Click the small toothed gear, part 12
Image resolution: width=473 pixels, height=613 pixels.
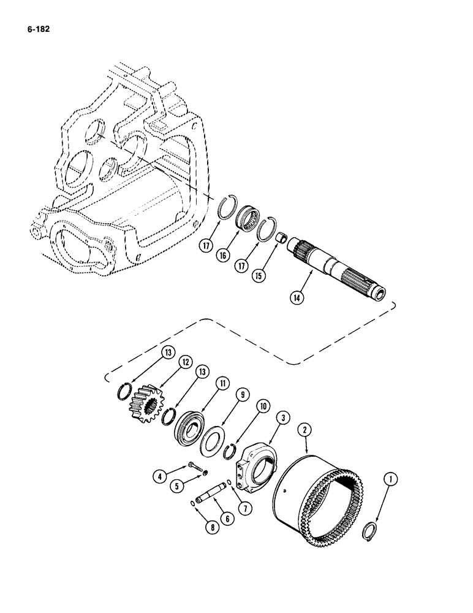tap(145, 404)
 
